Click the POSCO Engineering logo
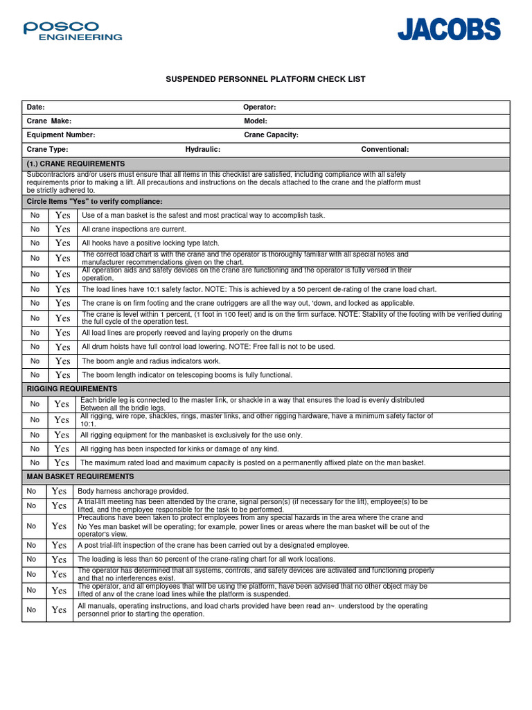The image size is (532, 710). (72, 31)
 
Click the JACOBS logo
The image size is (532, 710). (448, 30)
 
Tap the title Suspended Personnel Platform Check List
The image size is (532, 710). (265, 79)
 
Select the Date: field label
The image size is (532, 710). (35, 107)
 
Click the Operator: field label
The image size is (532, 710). (260, 107)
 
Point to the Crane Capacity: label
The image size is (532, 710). (271, 135)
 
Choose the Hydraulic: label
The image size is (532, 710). (203, 149)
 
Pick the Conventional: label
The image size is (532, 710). (385, 149)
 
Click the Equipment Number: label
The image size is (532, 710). (61, 135)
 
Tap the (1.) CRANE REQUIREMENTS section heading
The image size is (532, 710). (76, 163)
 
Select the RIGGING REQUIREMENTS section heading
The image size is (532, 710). (72, 388)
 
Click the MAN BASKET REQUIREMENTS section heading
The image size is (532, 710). (80, 476)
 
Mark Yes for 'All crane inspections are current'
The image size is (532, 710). (63, 229)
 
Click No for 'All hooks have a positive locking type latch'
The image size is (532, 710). (35, 243)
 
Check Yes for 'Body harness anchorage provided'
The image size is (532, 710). (60, 491)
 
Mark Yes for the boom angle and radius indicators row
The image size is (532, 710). (63, 361)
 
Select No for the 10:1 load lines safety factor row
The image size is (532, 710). (35, 289)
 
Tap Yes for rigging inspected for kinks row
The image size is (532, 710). (62, 449)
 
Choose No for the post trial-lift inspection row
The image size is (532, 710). (31, 545)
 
